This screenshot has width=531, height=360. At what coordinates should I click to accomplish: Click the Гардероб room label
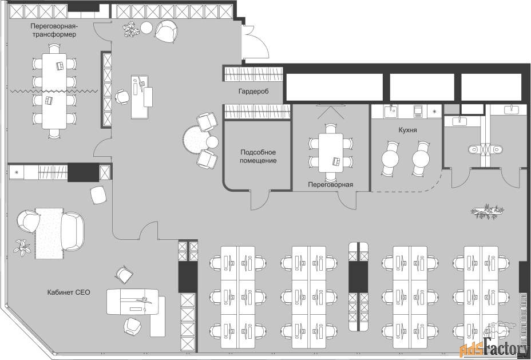pos(253,92)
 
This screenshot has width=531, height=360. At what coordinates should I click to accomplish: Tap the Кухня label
pos(407,130)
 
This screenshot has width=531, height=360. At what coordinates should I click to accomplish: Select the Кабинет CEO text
pos(69,292)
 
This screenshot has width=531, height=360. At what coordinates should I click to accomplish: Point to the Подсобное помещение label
pos(258,156)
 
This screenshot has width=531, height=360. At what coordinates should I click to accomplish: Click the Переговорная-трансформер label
pos(54,30)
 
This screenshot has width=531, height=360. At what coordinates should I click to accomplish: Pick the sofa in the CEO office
pos(73,231)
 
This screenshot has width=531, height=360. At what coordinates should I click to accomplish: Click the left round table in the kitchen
pos(390,159)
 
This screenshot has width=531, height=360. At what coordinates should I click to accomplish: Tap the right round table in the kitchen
pos(421,159)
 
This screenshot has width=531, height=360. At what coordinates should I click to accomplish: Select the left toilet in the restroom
pos(474,149)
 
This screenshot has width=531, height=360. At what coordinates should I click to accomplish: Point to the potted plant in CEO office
pos(22,247)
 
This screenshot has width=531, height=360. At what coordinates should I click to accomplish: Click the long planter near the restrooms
pos(487,211)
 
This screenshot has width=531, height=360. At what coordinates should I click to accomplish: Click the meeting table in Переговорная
pos(331,153)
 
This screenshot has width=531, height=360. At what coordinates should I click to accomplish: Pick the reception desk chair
pos(122,97)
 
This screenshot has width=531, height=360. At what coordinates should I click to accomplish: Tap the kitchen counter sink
pos(392,110)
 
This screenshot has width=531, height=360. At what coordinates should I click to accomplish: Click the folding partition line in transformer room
pos(54,91)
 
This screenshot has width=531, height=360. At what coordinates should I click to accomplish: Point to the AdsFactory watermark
pos(494,347)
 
